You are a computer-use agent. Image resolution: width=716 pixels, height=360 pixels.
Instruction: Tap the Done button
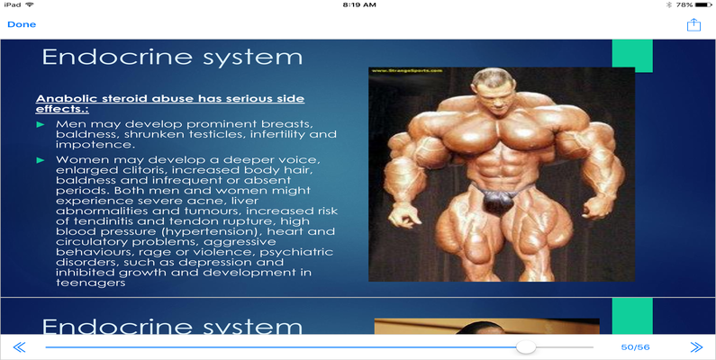(x=22, y=24)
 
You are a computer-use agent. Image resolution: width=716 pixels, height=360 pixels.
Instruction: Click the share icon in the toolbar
(x=693, y=24)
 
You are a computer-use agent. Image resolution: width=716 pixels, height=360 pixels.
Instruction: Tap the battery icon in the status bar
(x=703, y=5)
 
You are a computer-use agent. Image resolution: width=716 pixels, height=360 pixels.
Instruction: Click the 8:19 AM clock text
(x=359, y=5)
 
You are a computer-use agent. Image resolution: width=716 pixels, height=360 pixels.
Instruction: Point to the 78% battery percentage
(x=684, y=5)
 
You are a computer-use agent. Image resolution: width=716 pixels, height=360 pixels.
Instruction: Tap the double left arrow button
(x=19, y=347)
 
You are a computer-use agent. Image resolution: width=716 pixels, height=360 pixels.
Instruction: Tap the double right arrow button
(x=696, y=347)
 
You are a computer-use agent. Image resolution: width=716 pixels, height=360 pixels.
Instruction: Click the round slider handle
(x=526, y=347)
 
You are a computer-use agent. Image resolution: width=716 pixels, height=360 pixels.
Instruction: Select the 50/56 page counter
(x=635, y=347)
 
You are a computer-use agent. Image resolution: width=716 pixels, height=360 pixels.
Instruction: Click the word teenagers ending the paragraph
(x=90, y=283)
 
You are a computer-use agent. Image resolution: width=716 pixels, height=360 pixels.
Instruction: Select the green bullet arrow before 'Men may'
(x=41, y=124)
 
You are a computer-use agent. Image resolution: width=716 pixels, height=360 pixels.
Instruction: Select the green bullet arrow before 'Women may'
(x=41, y=160)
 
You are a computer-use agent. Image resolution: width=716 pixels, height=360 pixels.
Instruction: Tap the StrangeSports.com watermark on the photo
(x=407, y=71)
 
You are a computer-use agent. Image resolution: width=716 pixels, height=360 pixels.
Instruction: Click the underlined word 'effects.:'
(x=62, y=110)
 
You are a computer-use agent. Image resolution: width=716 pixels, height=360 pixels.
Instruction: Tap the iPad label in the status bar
(x=13, y=5)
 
